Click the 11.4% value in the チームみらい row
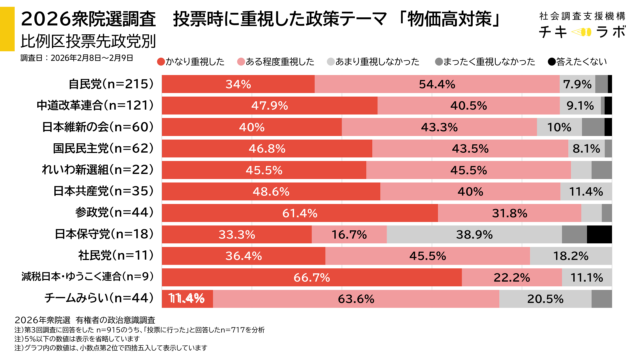tap(187, 298)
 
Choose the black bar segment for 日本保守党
tap(599, 234)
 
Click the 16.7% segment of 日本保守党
tap(349, 234)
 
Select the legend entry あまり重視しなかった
tap(387, 61)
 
